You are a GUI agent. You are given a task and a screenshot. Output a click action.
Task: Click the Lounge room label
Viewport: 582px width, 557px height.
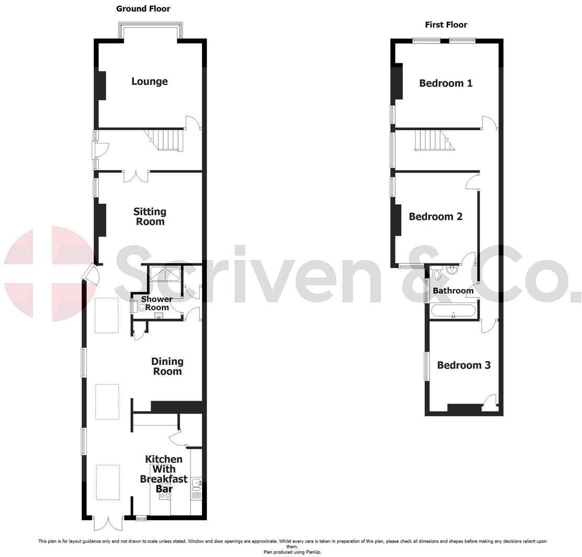(x=149, y=81)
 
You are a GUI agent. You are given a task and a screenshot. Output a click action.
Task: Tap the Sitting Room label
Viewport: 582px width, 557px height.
(x=150, y=216)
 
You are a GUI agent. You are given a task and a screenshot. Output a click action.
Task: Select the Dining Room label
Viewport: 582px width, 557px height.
(x=167, y=366)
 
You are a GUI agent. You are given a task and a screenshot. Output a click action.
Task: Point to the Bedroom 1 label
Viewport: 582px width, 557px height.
(x=445, y=83)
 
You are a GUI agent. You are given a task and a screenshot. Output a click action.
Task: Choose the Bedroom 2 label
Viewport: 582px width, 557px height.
(x=435, y=216)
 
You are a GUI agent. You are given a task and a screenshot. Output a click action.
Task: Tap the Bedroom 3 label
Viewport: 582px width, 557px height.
(x=464, y=365)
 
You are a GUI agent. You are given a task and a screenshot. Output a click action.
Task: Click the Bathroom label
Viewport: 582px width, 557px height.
(x=453, y=291)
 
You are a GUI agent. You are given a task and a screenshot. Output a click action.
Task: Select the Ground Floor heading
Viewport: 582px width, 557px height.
(x=143, y=8)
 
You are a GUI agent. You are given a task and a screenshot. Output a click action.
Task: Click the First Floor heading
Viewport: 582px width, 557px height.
(x=446, y=25)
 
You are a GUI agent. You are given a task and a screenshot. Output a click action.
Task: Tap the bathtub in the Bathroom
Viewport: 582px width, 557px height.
(x=453, y=311)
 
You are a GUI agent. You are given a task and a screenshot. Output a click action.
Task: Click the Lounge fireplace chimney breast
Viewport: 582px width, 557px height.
(x=101, y=85)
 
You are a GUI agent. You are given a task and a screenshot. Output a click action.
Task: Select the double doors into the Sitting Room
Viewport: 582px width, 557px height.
(x=136, y=175)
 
